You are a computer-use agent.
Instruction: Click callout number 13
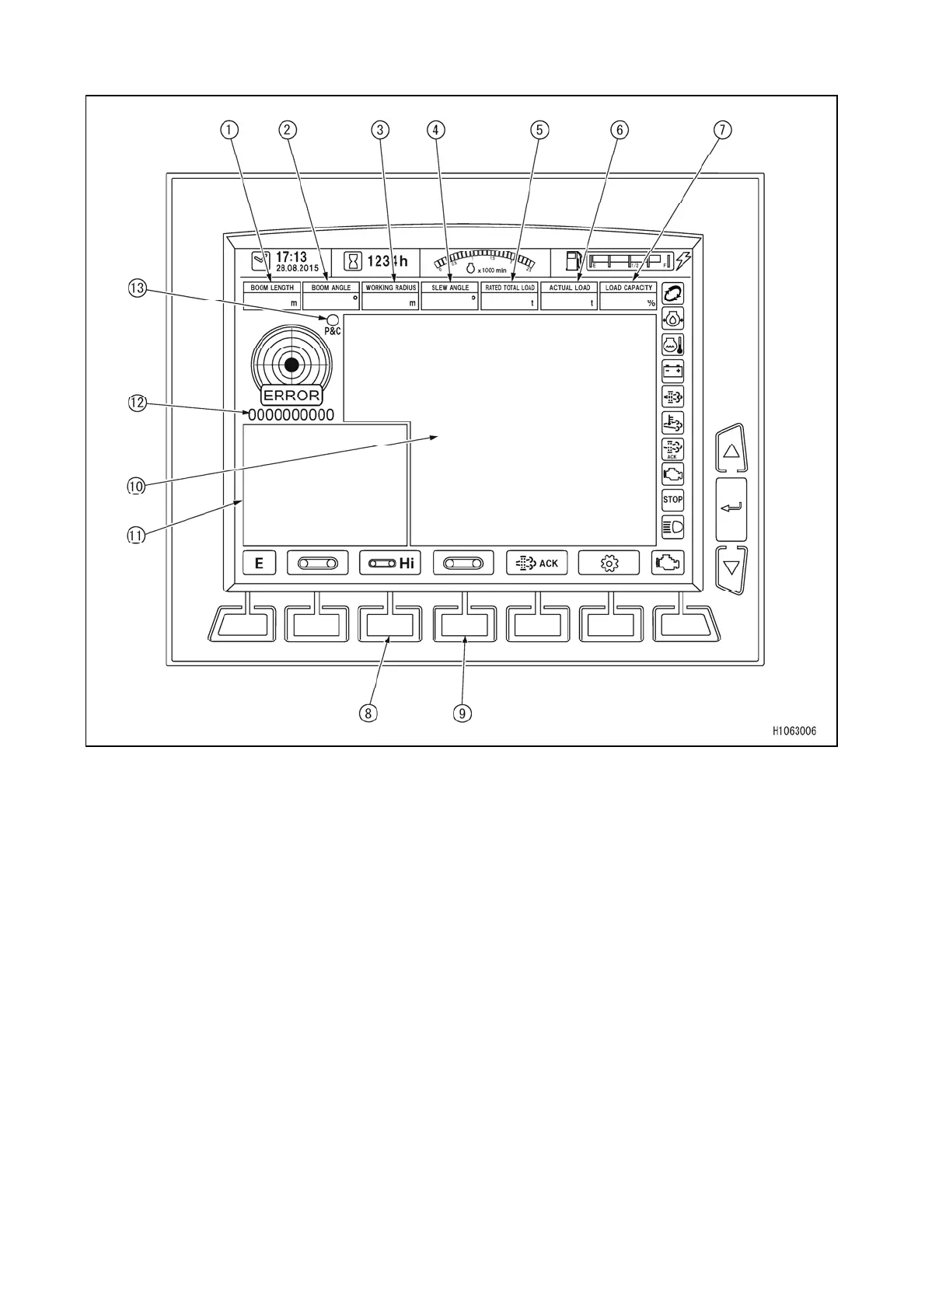click(138, 288)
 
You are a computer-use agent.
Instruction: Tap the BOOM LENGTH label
click(272, 288)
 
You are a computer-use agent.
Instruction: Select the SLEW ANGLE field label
click(450, 288)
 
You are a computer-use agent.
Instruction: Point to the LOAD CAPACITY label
click(629, 288)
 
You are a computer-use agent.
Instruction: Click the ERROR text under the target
click(291, 396)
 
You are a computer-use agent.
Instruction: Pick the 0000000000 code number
click(291, 415)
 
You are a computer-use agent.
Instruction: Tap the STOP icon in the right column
click(672, 500)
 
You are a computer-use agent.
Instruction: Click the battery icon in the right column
click(672, 371)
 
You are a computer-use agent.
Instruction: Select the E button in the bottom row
click(260, 564)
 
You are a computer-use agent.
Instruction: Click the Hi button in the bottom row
click(390, 564)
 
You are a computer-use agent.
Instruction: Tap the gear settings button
click(609, 564)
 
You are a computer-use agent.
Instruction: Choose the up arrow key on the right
click(731, 450)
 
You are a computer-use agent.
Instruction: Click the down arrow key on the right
click(731, 567)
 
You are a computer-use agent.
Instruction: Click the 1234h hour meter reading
click(387, 261)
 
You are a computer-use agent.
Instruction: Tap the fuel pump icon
click(574, 260)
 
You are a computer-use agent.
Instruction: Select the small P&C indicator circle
click(333, 319)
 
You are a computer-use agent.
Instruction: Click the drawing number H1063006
click(794, 731)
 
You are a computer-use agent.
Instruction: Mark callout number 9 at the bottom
click(462, 713)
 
